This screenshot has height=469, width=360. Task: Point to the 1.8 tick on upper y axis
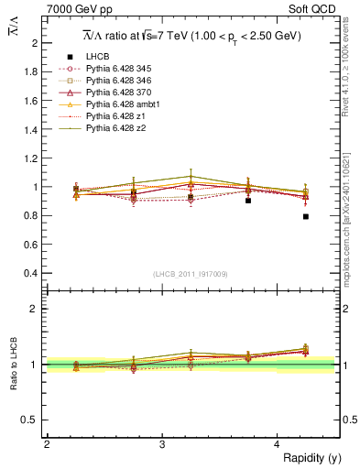pos(32,71)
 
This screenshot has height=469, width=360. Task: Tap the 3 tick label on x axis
pos(162,444)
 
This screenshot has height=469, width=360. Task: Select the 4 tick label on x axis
pos(278,444)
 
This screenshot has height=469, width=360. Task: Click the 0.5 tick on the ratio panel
pos(32,420)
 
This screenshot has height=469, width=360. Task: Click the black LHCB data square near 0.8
pos(306,216)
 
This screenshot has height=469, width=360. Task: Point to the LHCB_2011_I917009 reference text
pos(190,274)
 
